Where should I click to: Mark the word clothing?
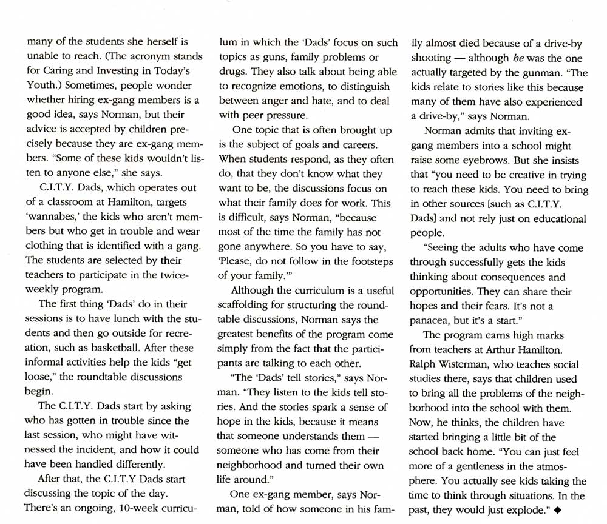[46, 246]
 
